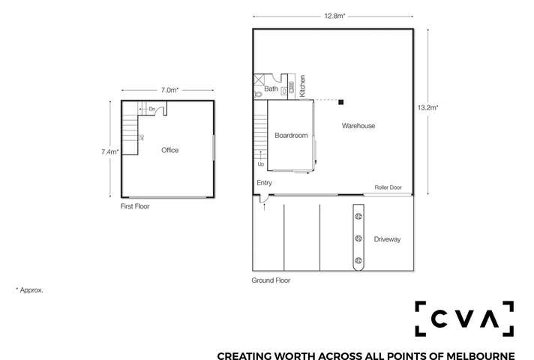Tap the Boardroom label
(x=291, y=136)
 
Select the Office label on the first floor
(x=169, y=151)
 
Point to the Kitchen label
(x=303, y=85)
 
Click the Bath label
(x=271, y=90)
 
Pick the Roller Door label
(x=388, y=188)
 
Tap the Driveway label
(x=387, y=240)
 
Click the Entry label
(x=264, y=183)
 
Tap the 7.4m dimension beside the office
(x=109, y=151)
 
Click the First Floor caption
(x=136, y=205)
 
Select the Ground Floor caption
(x=271, y=280)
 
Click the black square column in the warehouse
(x=340, y=101)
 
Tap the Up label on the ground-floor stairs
(x=261, y=163)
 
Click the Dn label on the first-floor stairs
(x=151, y=109)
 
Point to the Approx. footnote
(x=29, y=289)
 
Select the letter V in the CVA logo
(x=465, y=319)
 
